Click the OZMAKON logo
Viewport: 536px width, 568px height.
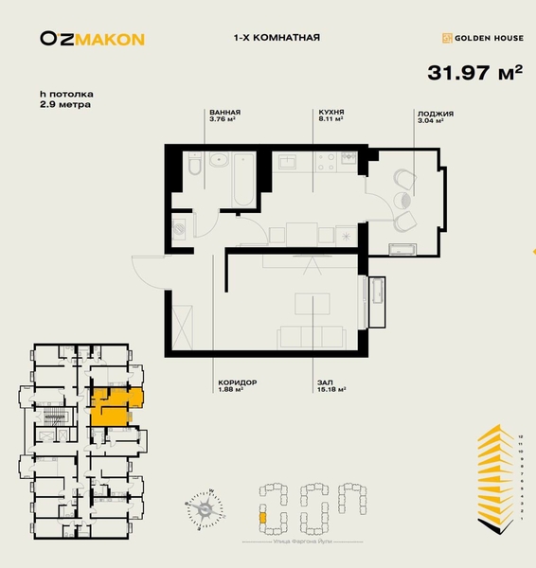pos(92,39)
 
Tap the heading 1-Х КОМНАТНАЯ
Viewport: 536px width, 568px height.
pos(276,38)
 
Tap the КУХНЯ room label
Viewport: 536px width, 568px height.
pos(330,112)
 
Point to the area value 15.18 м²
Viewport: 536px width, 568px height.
pos(331,389)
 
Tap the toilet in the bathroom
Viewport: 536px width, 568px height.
pos(193,169)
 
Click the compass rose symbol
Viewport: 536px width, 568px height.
pos(204,512)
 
